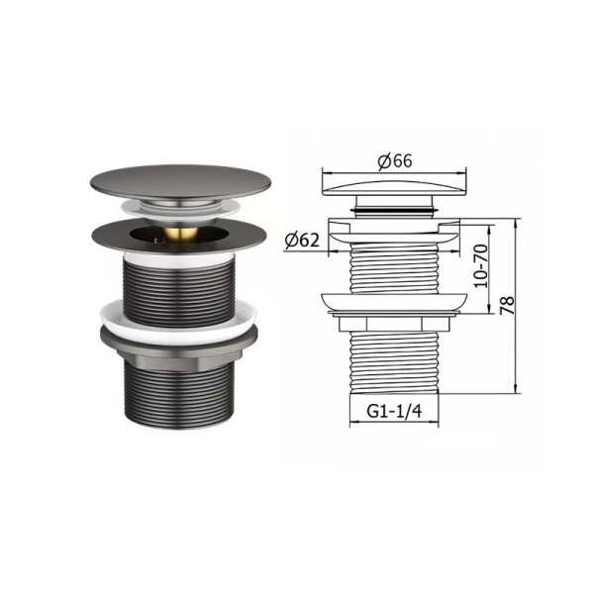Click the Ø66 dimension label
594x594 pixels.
click(x=395, y=161)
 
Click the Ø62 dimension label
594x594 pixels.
click(x=302, y=240)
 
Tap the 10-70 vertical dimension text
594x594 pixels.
click(x=481, y=266)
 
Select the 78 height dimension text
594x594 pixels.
click(x=508, y=305)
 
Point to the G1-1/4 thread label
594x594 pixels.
click(x=394, y=411)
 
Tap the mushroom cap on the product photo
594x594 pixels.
click(x=181, y=182)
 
